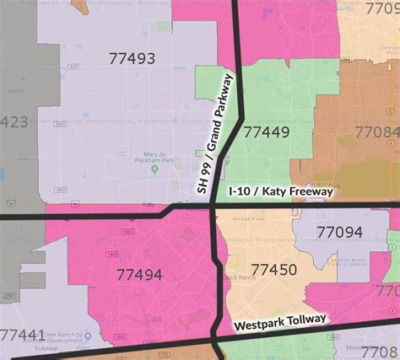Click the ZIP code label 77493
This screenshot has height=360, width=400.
click(132, 58)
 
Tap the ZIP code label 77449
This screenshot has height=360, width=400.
click(266, 132)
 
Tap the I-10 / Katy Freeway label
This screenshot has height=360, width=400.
click(282, 192)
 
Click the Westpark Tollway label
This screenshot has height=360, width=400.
click(279, 322)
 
